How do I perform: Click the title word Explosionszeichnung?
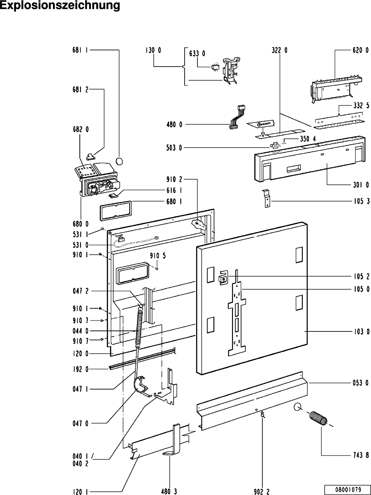tap(60, 6)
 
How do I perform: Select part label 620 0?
tap(361, 50)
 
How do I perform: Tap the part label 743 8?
tap(361, 455)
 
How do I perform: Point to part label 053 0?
tap(361, 383)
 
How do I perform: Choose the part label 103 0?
tap(361, 332)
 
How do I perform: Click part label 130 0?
tap(153, 50)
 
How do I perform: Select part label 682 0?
tap(80, 129)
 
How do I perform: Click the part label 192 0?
tap(80, 369)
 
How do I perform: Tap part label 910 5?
tap(158, 256)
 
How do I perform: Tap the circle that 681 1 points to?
tap(120, 161)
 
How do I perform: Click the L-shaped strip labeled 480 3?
tap(174, 441)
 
